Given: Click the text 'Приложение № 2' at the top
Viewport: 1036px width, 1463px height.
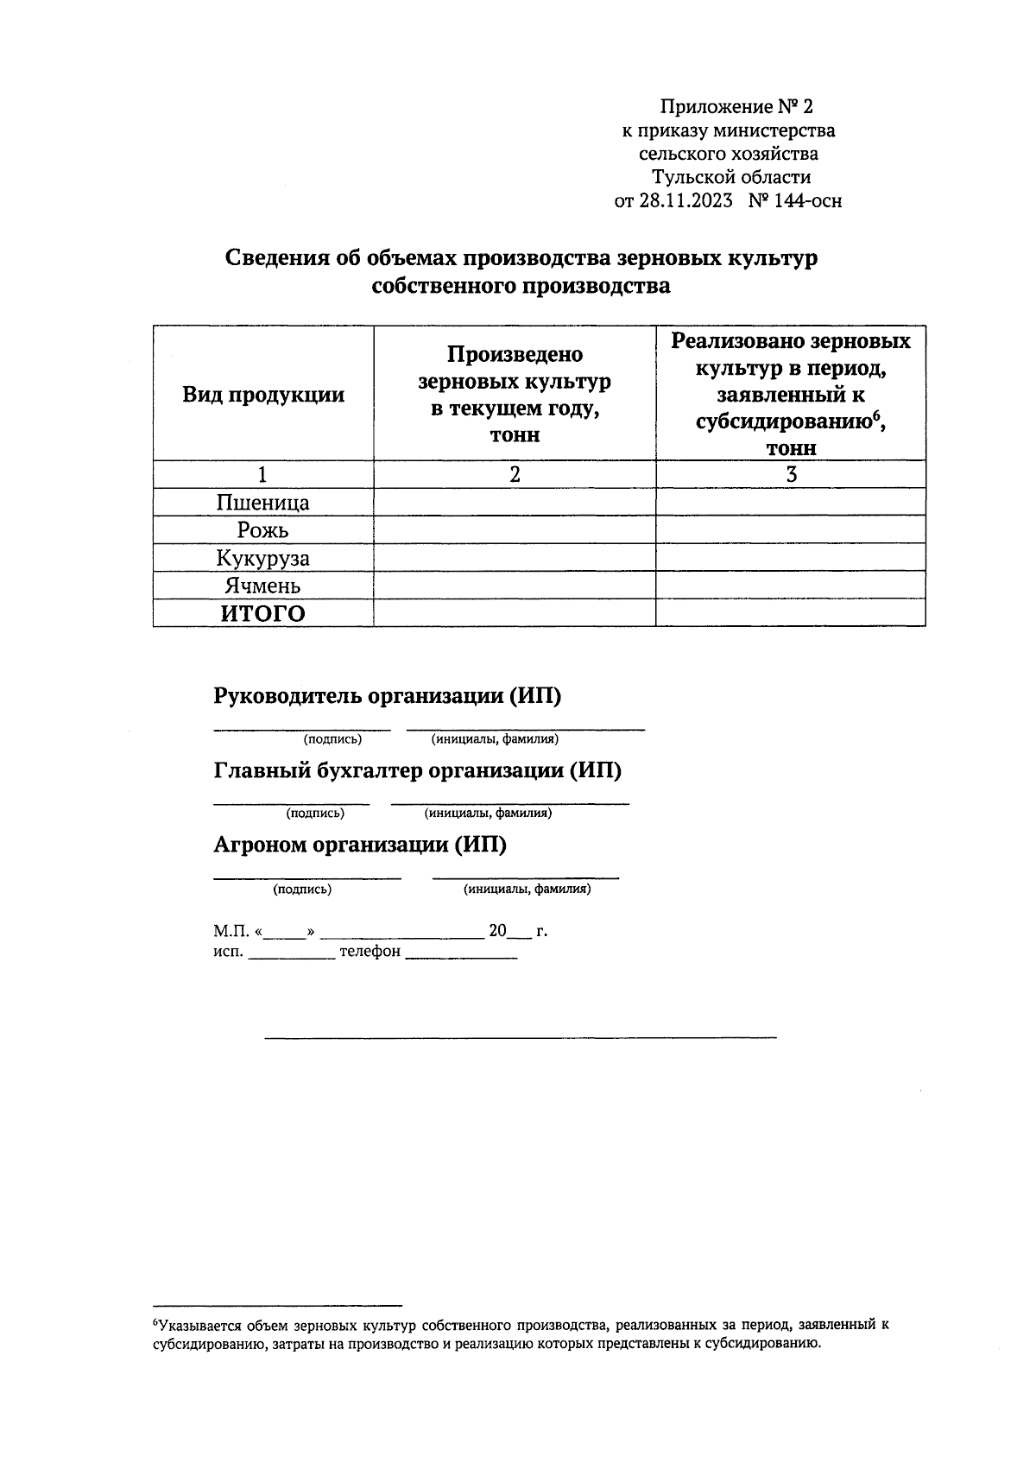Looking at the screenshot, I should point(736,107).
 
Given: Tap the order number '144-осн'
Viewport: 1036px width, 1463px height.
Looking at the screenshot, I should point(807,201).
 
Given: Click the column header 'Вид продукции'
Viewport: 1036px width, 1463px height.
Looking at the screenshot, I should point(263,396).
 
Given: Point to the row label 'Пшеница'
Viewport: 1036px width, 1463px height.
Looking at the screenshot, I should point(263,503).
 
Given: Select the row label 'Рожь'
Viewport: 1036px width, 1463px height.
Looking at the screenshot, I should point(263,530).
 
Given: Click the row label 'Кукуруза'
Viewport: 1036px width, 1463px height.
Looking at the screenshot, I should point(263,558).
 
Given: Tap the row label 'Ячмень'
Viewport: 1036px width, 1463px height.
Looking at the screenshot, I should point(263,586).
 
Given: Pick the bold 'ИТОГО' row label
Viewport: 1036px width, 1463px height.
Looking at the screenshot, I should point(263,613).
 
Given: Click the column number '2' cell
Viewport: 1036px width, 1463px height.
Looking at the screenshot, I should point(515,474).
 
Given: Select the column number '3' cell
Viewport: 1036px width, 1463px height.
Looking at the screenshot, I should point(791,474).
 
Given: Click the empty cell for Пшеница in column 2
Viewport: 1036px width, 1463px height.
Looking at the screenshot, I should point(515,503).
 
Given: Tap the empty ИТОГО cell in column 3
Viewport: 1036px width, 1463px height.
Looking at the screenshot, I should point(791,613).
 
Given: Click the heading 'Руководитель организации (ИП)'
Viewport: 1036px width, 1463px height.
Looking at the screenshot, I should point(388,696).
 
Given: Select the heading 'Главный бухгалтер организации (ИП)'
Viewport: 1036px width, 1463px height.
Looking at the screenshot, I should point(417,770).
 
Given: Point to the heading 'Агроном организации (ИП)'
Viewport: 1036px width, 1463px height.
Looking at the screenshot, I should point(360,845).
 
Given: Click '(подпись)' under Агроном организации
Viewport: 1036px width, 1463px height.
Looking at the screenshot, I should point(302,889).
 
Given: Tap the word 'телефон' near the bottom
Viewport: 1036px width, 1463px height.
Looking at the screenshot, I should point(370,952).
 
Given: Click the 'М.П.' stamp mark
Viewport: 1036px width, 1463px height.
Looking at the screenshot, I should point(231,932).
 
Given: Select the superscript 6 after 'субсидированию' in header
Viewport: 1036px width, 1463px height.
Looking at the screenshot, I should point(875,415).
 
